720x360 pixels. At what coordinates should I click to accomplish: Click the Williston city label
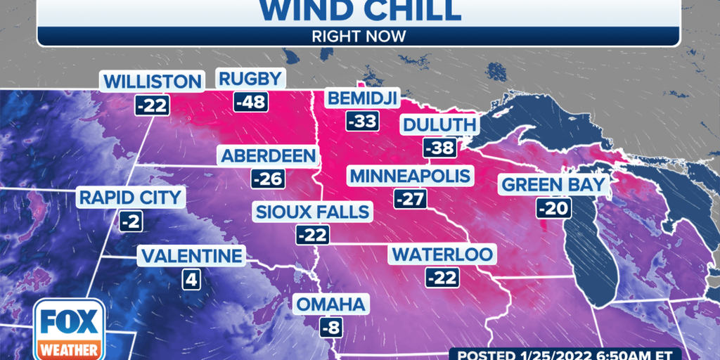(x=152, y=81)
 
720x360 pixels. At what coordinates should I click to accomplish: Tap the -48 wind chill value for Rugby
(x=251, y=103)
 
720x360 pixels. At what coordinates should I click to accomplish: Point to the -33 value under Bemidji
(x=362, y=122)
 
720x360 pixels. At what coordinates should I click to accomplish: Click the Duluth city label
(x=439, y=125)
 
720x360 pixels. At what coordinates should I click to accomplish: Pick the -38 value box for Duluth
(x=439, y=148)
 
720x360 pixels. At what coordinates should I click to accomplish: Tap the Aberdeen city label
(x=268, y=155)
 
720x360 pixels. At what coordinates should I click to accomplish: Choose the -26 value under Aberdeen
(x=268, y=179)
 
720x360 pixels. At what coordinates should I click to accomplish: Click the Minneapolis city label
(x=411, y=174)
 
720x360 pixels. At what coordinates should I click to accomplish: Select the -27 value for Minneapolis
(x=410, y=198)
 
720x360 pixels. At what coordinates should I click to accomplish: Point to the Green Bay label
(x=553, y=185)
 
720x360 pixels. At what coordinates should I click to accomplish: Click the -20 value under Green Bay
(x=553, y=208)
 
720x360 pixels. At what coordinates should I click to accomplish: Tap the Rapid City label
(x=130, y=197)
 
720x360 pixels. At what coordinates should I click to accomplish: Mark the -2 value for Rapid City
(x=131, y=221)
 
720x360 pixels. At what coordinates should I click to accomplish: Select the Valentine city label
(x=191, y=256)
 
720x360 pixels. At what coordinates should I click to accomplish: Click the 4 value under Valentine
(x=191, y=279)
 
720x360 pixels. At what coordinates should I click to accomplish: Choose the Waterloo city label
(x=443, y=254)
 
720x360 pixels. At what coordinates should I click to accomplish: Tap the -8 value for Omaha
(x=330, y=328)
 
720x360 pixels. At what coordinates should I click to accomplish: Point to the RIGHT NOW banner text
(x=359, y=36)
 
